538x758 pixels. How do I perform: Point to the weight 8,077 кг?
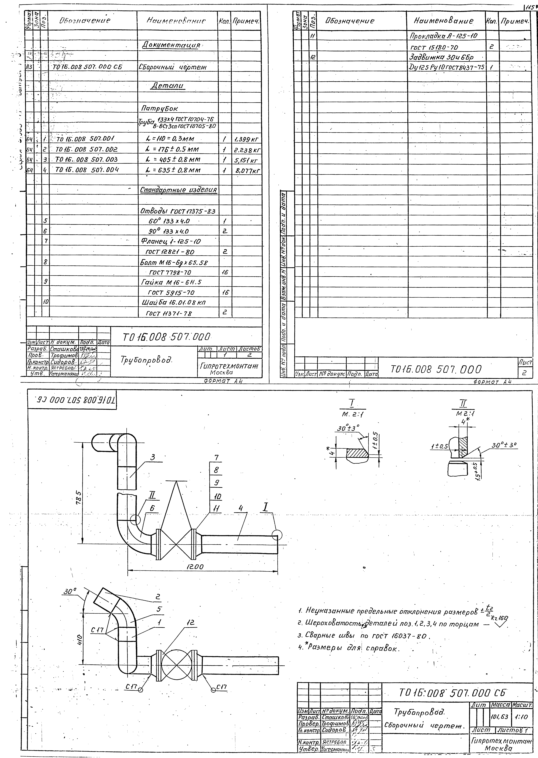pyautogui.click(x=246, y=171)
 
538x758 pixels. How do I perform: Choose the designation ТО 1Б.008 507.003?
pyautogui.click(x=86, y=159)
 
